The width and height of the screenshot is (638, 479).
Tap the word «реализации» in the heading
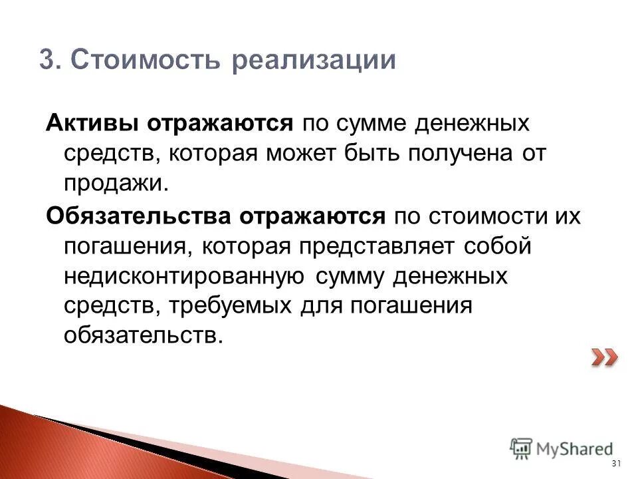point(313,61)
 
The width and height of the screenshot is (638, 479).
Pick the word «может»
point(304,154)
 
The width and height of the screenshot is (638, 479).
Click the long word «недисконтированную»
point(184,276)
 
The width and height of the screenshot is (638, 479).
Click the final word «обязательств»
point(140,336)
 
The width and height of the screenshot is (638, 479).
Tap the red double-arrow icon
point(604,359)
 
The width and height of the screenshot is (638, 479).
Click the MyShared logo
point(561,448)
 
